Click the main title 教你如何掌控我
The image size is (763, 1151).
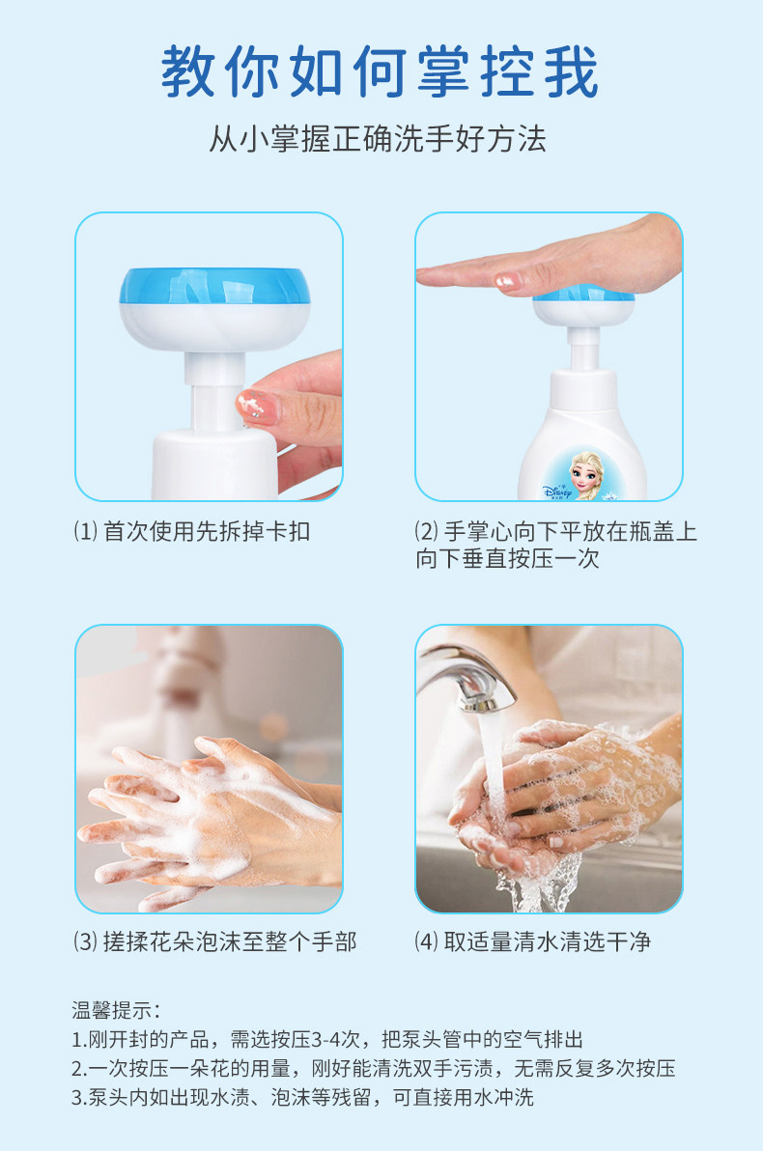(x=380, y=71)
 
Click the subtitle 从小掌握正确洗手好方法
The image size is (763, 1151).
(x=378, y=139)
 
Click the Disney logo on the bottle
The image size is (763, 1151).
(x=557, y=491)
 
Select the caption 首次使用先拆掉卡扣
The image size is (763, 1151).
(x=207, y=531)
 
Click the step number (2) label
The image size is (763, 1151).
(x=427, y=531)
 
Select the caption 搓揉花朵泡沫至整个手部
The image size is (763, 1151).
(x=230, y=941)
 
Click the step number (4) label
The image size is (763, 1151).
(x=427, y=941)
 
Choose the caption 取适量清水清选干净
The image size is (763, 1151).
(x=547, y=941)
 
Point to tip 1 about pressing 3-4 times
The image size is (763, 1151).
(x=327, y=1039)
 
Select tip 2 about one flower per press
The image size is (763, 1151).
(x=373, y=1068)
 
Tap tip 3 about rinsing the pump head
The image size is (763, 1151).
(x=302, y=1098)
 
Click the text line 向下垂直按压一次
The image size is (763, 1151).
(x=507, y=559)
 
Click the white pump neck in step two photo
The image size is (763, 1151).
(x=583, y=349)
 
